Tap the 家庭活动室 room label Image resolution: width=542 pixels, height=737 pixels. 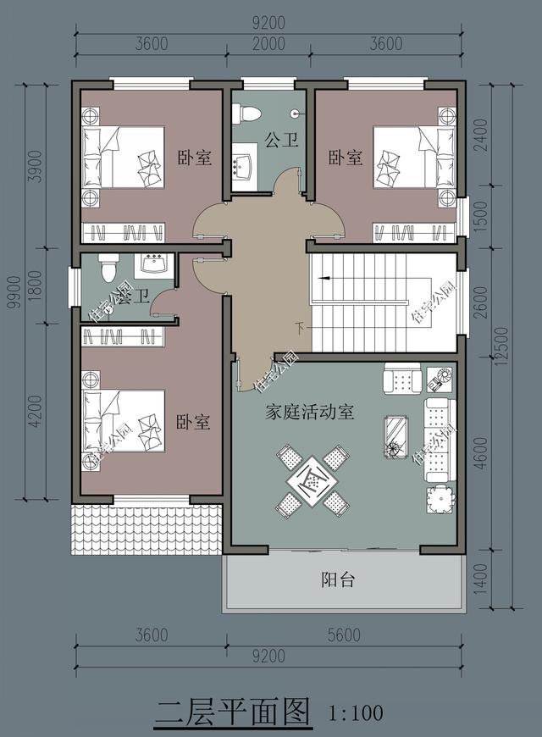(309, 413)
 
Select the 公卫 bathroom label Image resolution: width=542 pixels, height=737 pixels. (281, 139)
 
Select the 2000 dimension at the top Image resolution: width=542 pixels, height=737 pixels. (269, 45)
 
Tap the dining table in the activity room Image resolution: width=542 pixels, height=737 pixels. (312, 480)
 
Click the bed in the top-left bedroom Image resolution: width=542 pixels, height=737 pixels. (123, 158)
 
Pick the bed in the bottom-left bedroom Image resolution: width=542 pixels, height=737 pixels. (123, 421)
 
